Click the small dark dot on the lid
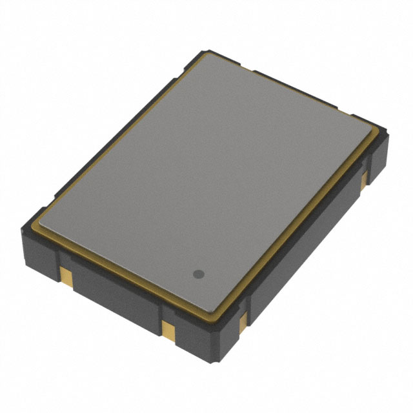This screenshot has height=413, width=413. coord(199,274)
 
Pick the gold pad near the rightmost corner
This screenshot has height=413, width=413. coord(365,175)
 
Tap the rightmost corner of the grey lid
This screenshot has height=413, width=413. coord(375,131)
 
